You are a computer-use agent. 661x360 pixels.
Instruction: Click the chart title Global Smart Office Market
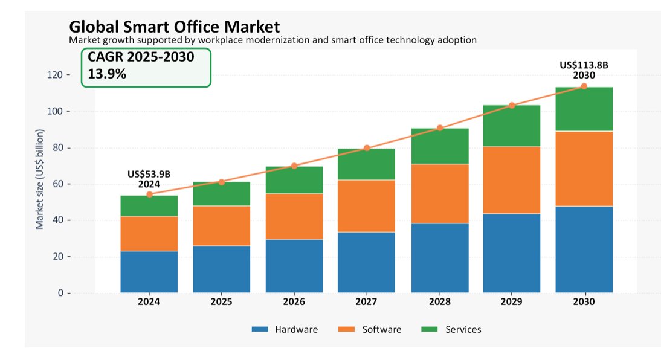point(174,27)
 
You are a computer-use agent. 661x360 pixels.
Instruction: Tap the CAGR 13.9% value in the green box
point(107,74)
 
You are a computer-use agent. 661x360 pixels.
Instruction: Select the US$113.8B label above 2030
point(584,65)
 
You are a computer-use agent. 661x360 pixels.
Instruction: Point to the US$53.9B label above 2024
point(149,174)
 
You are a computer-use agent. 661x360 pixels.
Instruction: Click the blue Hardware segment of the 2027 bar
point(366,262)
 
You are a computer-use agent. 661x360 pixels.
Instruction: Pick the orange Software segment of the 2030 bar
point(584,169)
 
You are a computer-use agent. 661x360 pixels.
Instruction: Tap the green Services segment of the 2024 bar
point(149,206)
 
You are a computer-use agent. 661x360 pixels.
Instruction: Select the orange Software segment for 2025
point(221,226)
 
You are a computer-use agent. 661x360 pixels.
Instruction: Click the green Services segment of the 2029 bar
point(511,126)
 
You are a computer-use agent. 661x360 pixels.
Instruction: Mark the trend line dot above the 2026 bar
point(294,166)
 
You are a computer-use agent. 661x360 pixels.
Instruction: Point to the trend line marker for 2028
point(440,127)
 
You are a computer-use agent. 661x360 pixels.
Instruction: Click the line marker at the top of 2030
point(584,86)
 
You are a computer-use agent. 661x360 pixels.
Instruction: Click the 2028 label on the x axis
point(440,302)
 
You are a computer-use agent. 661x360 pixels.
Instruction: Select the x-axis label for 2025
point(221,302)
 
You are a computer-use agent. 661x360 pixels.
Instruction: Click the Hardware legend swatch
point(260,329)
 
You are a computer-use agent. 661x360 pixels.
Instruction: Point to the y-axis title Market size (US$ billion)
point(40,179)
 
